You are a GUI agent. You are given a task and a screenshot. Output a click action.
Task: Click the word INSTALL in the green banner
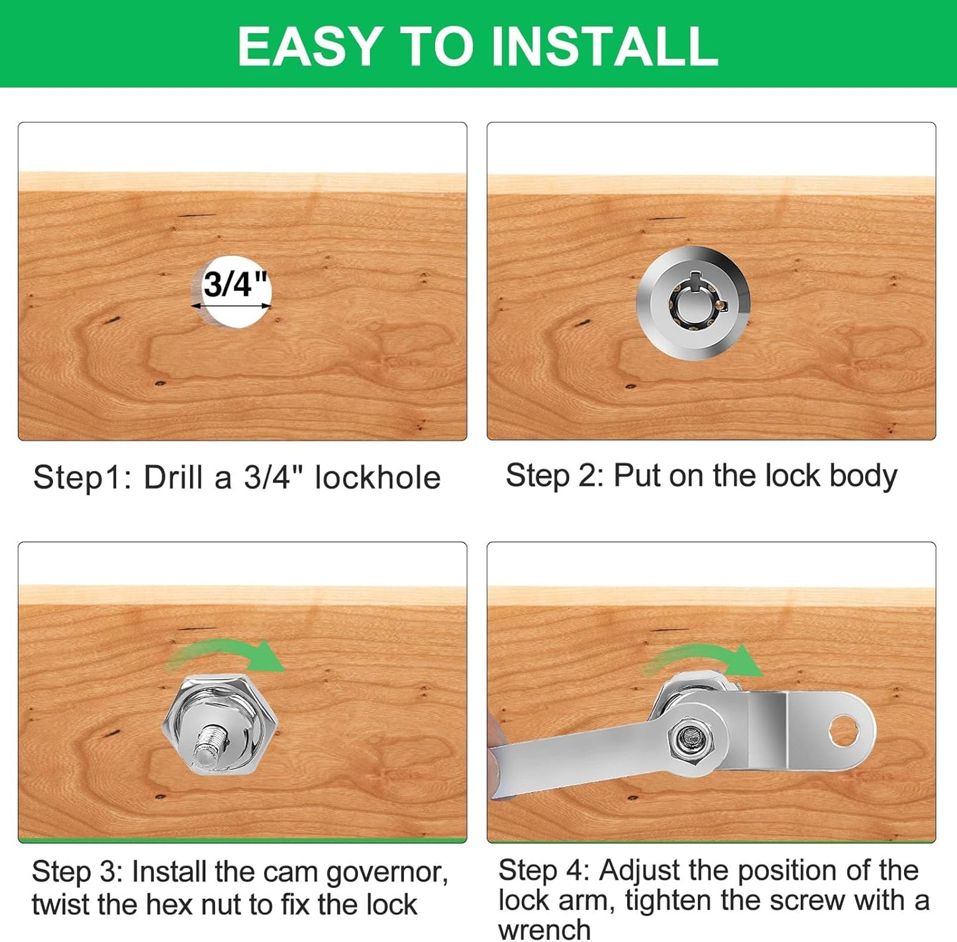605,46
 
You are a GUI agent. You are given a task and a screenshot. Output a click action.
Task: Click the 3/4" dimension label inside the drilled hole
234,285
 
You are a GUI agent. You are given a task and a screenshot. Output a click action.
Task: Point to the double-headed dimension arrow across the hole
231,306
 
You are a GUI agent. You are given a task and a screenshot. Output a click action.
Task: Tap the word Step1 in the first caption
79,479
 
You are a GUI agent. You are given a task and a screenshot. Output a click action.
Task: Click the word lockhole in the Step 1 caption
378,478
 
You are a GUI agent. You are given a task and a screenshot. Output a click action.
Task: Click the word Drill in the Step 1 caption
174,477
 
